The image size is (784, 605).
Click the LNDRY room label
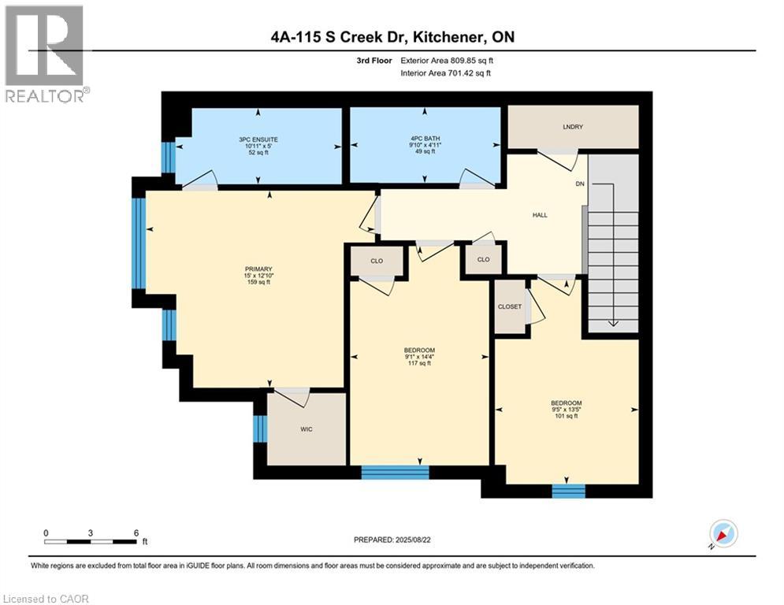tap(572, 127)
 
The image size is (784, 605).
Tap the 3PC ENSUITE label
tap(258, 139)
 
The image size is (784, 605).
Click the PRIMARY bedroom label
tap(258, 269)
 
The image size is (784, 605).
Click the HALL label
tap(539, 214)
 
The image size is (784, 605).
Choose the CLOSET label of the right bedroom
tap(509, 306)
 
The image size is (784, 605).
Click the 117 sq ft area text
tap(419, 364)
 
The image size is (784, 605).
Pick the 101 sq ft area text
tap(567, 416)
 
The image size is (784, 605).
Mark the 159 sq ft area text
tap(258, 282)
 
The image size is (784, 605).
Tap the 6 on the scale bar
tap(136, 533)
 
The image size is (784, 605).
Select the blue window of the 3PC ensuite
tap(166, 157)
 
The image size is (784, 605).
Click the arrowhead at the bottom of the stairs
tap(612, 325)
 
